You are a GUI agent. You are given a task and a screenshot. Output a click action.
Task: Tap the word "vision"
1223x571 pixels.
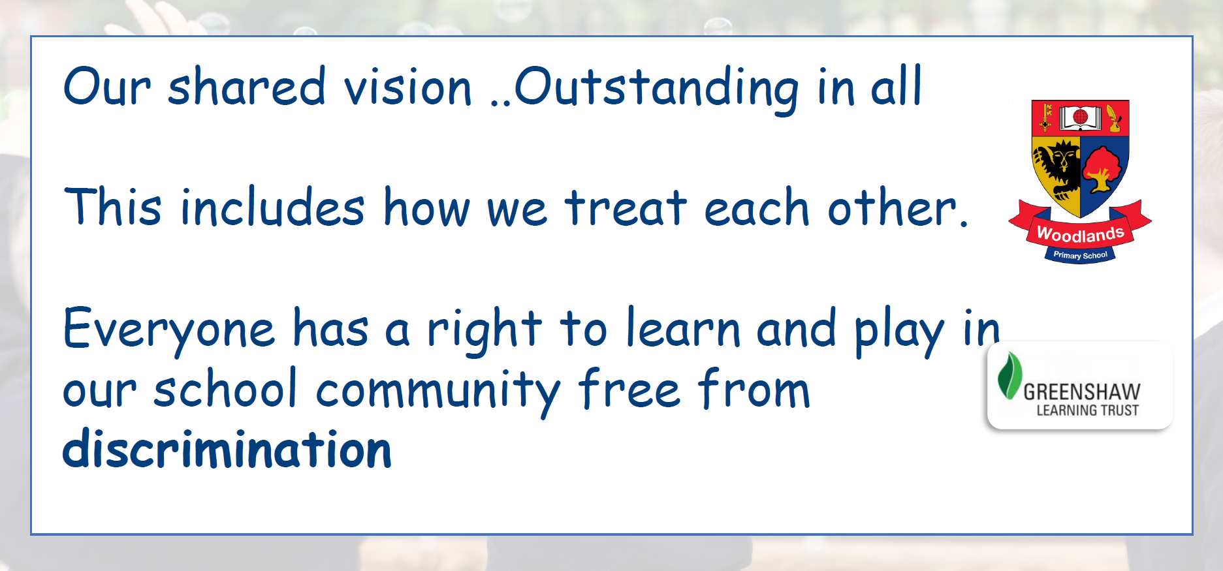[408, 87]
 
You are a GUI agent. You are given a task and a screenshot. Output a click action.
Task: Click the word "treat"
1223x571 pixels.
[626, 208]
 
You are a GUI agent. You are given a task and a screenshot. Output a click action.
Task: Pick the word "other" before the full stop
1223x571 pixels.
[893, 208]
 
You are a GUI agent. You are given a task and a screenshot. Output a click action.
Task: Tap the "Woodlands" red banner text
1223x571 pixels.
[1081, 233]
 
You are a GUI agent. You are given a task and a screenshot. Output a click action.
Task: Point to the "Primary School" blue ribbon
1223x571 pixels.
[1081, 255]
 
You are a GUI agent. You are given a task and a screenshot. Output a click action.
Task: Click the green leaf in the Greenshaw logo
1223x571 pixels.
[1009, 375]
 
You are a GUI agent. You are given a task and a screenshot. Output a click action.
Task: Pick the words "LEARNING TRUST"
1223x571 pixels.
[1088, 410]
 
